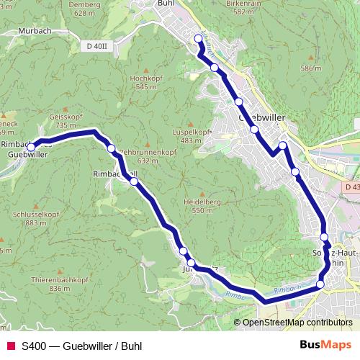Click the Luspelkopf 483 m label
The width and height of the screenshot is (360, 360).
[x=191, y=136]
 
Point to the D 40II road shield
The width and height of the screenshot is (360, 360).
[x=95, y=46]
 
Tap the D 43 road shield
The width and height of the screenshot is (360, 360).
[x=351, y=187]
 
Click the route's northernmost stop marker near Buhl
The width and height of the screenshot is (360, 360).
[x=199, y=38]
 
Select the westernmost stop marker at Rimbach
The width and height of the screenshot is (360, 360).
[x=31, y=148]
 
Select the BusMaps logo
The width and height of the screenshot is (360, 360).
[x=325, y=345]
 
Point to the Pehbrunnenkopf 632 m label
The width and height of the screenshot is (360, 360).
[x=148, y=156]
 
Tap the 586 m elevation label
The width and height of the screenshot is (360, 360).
[x=310, y=68]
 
